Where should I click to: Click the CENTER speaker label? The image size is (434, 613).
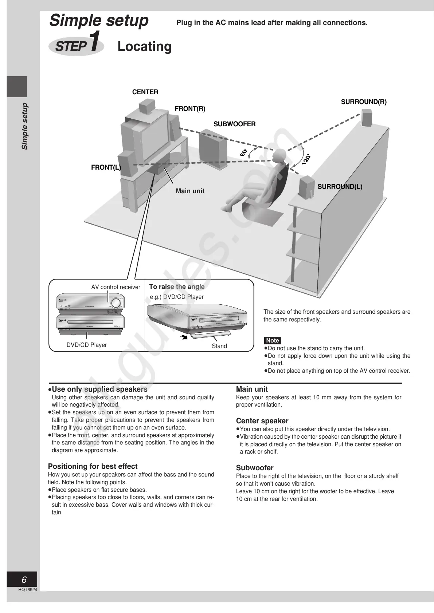145,92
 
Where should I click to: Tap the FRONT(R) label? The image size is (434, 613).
190,109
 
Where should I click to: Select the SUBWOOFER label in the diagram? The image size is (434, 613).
234,124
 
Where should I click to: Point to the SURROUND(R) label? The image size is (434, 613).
364,102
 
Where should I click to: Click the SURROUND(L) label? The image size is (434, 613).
340,187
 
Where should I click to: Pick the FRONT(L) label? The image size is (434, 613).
106,167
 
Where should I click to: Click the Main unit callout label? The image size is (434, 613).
190,191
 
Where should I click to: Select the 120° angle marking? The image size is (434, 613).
306,159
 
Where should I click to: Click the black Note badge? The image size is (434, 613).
272,341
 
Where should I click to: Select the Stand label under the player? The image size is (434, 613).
219,346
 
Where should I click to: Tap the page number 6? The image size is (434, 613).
24,580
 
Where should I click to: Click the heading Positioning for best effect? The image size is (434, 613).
93,466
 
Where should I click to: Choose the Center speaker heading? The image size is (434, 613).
262,421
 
